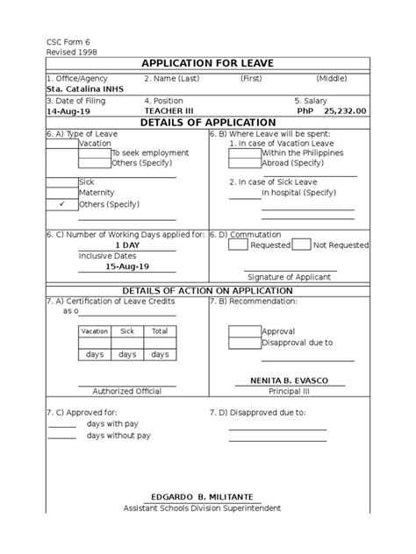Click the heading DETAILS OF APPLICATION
tap(208, 123)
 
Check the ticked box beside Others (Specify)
tap(61, 203)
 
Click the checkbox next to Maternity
tap(61, 192)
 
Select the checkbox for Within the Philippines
tap(244, 153)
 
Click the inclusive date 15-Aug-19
tap(127, 266)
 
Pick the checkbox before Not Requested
tap(301, 245)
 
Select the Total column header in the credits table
tap(159, 332)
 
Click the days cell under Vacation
tap(95, 354)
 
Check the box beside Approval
tap(244, 332)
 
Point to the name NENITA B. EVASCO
tap(295, 380)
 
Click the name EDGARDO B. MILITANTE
tap(207, 496)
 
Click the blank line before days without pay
tap(61, 435)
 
